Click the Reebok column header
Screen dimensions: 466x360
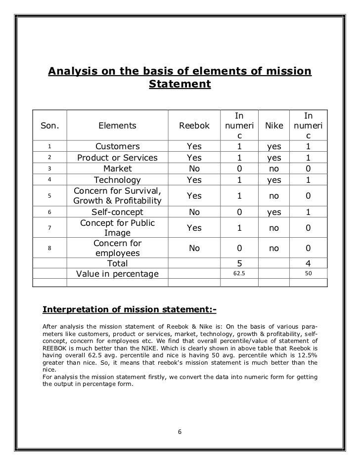tap(194, 126)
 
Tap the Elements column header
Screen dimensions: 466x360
tap(117, 126)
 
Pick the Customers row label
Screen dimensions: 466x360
tap(117, 147)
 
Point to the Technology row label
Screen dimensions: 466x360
tap(117, 180)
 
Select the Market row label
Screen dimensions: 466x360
tap(117, 169)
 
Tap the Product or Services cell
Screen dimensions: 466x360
tap(117, 158)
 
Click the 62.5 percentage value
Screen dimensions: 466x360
tap(239, 273)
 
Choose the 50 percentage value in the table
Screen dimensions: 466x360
tap(308, 273)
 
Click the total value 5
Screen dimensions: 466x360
tap(239, 263)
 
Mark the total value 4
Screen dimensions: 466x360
tap(308, 263)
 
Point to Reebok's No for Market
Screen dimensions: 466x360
tap(194, 169)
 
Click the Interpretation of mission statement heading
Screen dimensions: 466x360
tap(130, 310)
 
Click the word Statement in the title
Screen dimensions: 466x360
tap(180, 85)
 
